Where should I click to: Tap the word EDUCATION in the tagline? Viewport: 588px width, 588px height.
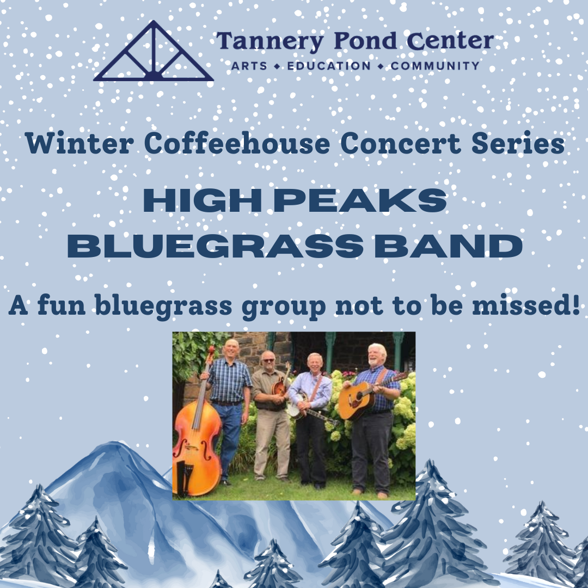point(328,66)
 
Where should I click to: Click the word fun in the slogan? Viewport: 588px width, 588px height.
point(61,306)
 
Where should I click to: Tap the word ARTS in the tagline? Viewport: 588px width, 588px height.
point(249,66)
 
